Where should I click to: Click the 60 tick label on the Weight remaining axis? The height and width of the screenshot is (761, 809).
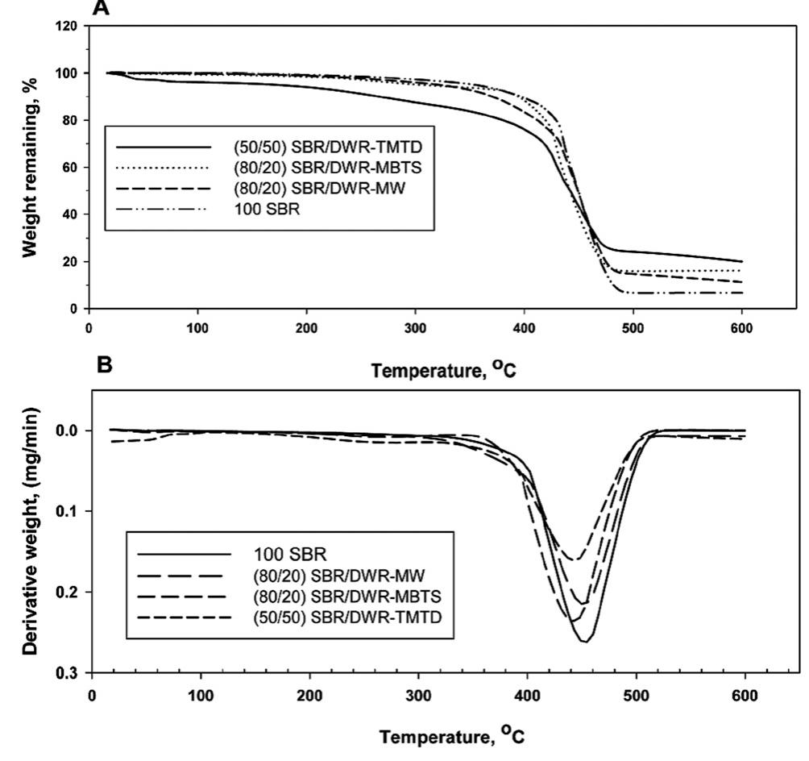(70, 168)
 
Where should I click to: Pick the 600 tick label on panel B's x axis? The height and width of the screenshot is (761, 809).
(745, 694)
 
